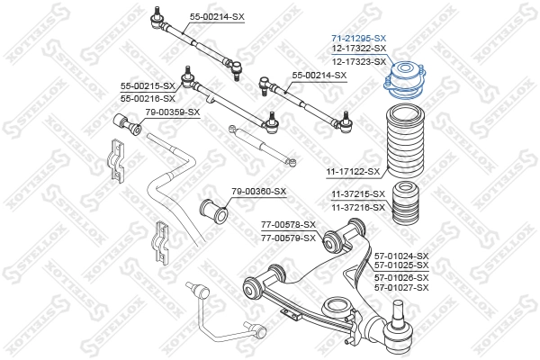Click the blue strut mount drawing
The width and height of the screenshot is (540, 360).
[403, 78]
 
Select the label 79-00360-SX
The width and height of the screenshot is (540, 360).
[258, 191]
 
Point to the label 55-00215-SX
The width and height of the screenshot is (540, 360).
[148, 85]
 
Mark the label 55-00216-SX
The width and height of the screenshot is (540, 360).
[148, 97]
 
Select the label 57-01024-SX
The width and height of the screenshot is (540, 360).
[401, 256]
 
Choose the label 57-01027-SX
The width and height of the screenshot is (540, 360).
[401, 287]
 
